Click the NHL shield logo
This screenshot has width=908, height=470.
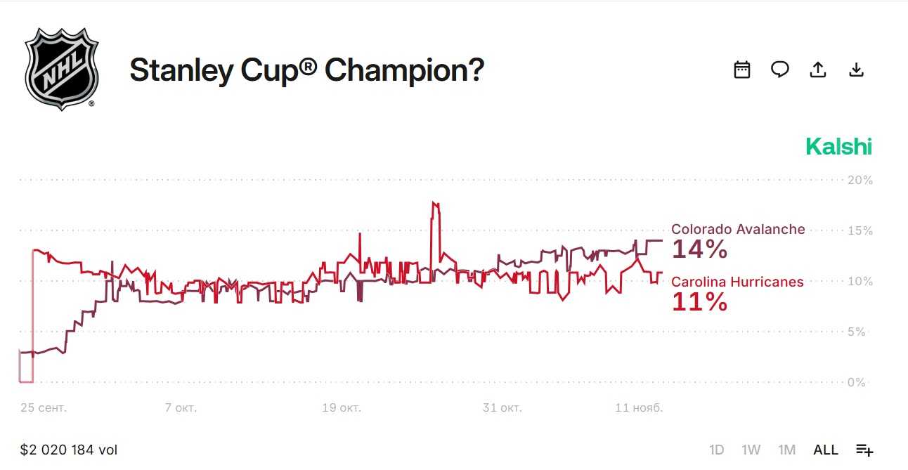(61, 69)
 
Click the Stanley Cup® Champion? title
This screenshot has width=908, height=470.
(306, 70)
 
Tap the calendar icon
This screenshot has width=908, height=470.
(742, 70)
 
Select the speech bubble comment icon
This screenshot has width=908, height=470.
(780, 70)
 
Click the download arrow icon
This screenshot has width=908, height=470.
(856, 70)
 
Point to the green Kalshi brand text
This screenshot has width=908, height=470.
(838, 147)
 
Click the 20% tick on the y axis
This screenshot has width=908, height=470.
(860, 181)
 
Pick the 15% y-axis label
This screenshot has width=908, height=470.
(860, 231)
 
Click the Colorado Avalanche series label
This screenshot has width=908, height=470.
(738, 230)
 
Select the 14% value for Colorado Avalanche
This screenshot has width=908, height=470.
(700, 249)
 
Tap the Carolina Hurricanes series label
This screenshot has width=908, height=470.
(737, 282)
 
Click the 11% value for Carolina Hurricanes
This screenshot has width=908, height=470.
(699, 302)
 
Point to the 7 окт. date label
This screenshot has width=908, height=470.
(181, 407)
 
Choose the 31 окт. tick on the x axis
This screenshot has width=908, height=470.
(502, 407)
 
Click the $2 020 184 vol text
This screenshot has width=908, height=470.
(69, 450)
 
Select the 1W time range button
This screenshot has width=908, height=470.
(751, 450)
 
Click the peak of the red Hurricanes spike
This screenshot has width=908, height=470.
(435, 203)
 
